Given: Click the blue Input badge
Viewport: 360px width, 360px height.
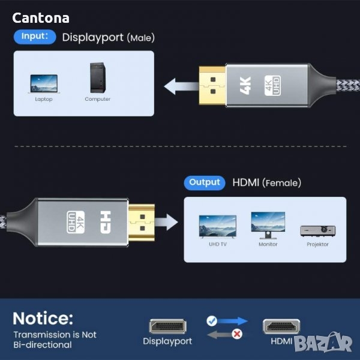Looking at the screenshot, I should click(x=35, y=36).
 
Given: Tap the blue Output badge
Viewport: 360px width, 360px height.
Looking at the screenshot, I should click(x=205, y=182).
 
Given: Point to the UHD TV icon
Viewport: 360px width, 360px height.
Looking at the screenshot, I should click(x=217, y=226).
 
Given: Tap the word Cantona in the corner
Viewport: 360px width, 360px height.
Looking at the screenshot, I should click(x=41, y=19).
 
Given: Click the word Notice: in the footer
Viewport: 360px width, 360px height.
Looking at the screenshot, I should click(x=43, y=318).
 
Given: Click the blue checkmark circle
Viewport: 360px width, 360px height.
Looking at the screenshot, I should click(x=212, y=322).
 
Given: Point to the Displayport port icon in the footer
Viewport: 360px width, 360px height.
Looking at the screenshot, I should click(x=167, y=327).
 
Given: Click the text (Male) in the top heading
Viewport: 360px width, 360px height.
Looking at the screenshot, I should click(x=140, y=38).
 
